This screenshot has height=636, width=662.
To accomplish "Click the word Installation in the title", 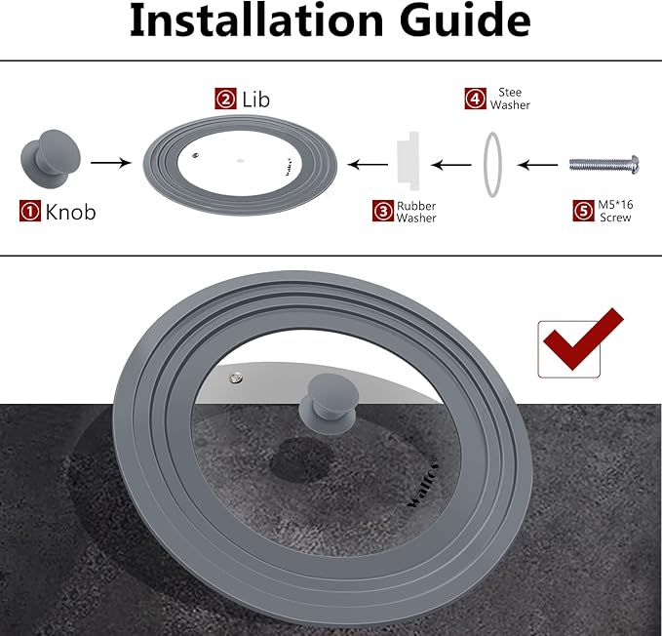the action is pos(256,20).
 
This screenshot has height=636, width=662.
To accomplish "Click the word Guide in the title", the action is pos(465,20).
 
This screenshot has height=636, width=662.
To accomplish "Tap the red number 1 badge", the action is pos(30,211).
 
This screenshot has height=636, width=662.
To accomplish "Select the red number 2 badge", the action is pos(225,99).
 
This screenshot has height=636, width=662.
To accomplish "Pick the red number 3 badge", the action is pos(383,211).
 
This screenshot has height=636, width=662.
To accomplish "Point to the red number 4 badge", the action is pos(476,99).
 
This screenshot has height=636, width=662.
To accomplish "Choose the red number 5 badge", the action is pos(583,211).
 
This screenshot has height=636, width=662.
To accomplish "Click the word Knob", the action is pos(70,212).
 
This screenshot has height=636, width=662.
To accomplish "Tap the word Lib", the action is pos(255,99).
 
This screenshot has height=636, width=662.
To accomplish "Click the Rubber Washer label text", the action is pos(416,212).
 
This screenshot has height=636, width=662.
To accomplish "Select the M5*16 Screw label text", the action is pos(615,211).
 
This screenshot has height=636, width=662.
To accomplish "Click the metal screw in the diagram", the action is pos(604,164).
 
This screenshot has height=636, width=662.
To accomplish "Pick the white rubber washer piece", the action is pos(409,161).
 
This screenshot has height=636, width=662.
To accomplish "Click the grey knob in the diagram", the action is pos(51,157).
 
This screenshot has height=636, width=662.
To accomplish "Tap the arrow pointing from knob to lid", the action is pos(111,163).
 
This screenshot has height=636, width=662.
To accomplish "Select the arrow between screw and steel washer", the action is pos(537,165).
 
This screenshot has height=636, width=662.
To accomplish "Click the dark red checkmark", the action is pos(583,339).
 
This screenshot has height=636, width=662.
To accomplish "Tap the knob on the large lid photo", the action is pos(329,404).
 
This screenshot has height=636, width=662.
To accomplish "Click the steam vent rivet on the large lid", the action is pos(236,378).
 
